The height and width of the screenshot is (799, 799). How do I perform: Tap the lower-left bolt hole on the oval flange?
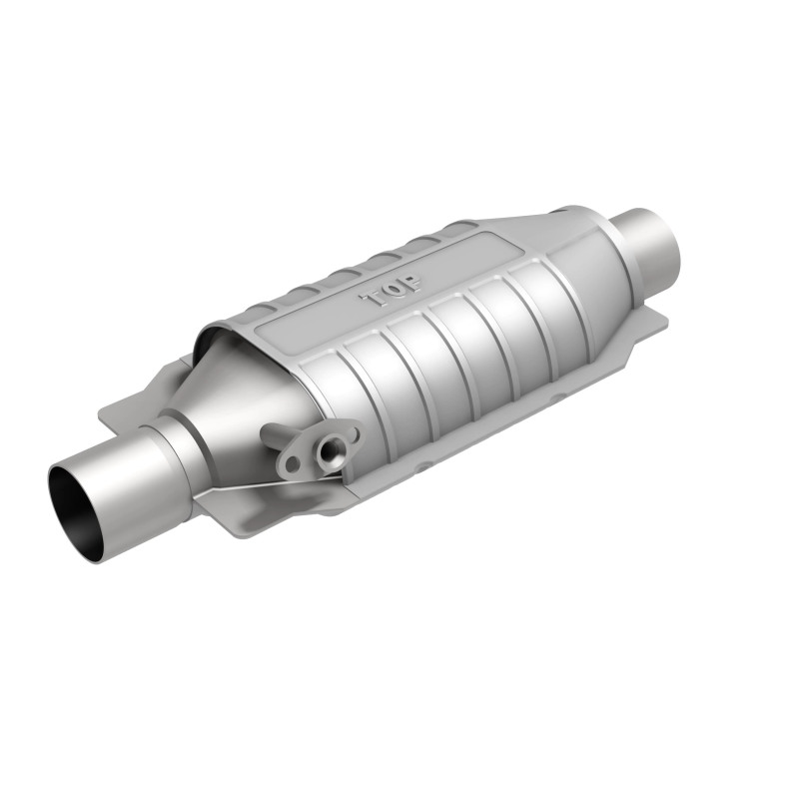(291, 465)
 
